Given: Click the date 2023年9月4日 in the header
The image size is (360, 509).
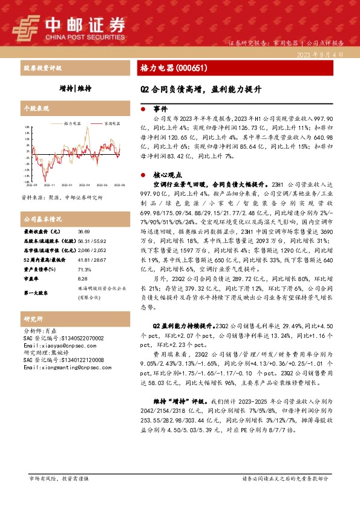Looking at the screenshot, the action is pos(320,54).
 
